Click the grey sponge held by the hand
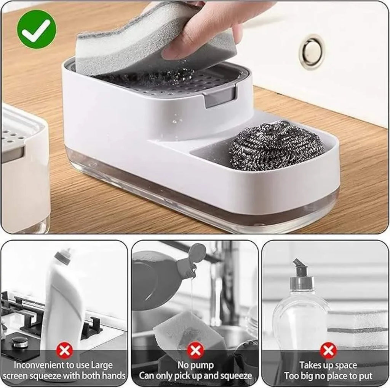tap(152, 42)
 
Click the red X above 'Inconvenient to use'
tap(64, 350)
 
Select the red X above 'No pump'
tap(195, 350)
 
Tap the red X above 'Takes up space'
tap(328, 350)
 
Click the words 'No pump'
tap(195, 366)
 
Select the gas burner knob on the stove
tap(19, 342)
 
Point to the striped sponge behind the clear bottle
tap(358, 327)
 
